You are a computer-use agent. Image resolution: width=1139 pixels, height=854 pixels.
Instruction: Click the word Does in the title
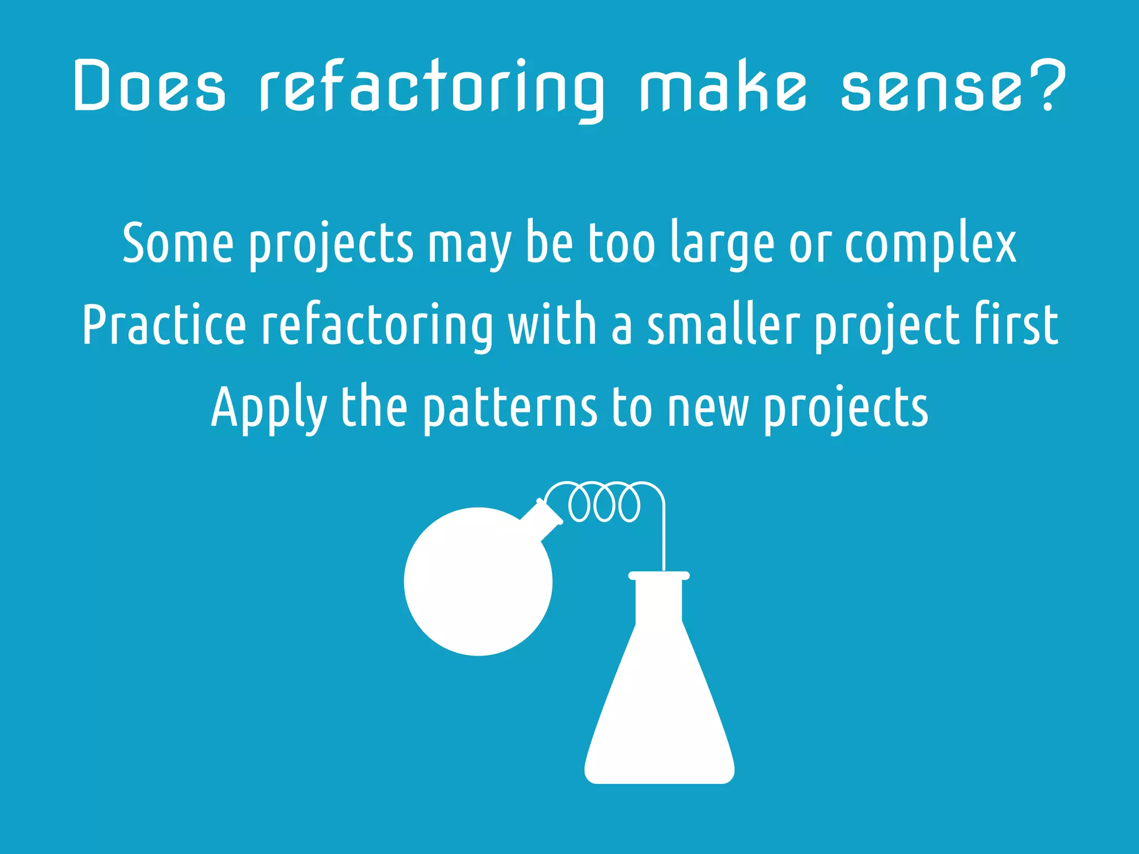pyautogui.click(x=149, y=86)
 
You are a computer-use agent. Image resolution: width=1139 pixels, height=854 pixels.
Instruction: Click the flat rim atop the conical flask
pyautogui.click(x=659, y=575)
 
